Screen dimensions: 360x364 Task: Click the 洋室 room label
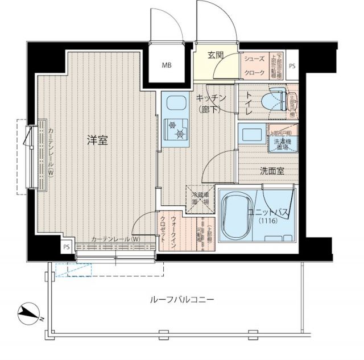click(97, 140)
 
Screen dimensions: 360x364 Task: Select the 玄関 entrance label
click(215, 55)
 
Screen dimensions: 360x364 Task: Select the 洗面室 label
click(257, 170)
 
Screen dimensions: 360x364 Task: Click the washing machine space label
click(282, 144)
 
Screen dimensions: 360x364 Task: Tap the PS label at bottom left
click(67, 247)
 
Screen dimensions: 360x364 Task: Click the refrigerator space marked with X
click(201, 198)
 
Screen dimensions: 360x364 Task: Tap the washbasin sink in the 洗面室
click(251, 136)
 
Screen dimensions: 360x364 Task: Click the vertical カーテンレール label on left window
click(51, 152)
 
